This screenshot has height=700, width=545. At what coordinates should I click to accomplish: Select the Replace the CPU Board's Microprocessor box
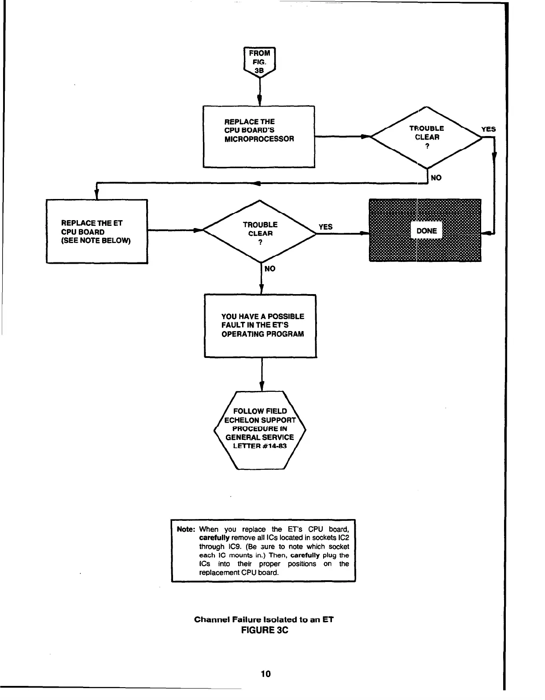259,136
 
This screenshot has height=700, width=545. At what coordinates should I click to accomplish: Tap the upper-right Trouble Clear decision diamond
426,137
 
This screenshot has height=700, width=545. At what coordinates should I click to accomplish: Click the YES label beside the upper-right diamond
488,129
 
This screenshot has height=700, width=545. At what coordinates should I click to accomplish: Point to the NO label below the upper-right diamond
436,177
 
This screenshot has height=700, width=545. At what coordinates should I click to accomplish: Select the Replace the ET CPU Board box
96,232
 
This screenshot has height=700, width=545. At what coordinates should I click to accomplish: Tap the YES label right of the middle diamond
325,227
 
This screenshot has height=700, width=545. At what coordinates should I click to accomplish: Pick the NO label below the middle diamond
270,269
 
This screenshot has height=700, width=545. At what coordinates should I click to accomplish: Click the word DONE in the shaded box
426,231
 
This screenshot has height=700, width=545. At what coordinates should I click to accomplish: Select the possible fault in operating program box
261,326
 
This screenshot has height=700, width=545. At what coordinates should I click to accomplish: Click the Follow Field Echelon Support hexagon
260,429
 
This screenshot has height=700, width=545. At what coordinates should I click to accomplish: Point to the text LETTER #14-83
260,446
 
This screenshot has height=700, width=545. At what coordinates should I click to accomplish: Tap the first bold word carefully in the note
214,538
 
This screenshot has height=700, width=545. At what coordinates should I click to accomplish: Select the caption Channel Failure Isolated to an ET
264,619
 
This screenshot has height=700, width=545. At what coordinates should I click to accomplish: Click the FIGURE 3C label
264,630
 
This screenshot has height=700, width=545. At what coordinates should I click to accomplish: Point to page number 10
265,674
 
